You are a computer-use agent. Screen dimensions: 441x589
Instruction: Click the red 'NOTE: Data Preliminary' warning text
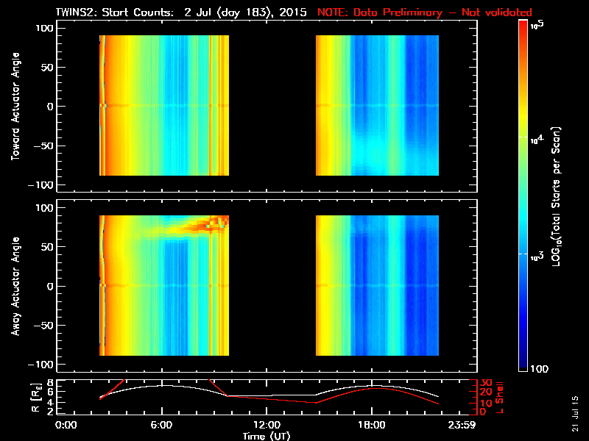[424, 12]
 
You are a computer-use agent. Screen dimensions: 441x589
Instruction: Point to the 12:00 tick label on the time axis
[267, 425]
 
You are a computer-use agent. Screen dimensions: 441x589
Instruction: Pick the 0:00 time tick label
[66, 425]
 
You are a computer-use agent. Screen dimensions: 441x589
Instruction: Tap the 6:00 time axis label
[161, 425]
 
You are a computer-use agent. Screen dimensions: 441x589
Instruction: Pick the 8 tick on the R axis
[51, 383]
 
